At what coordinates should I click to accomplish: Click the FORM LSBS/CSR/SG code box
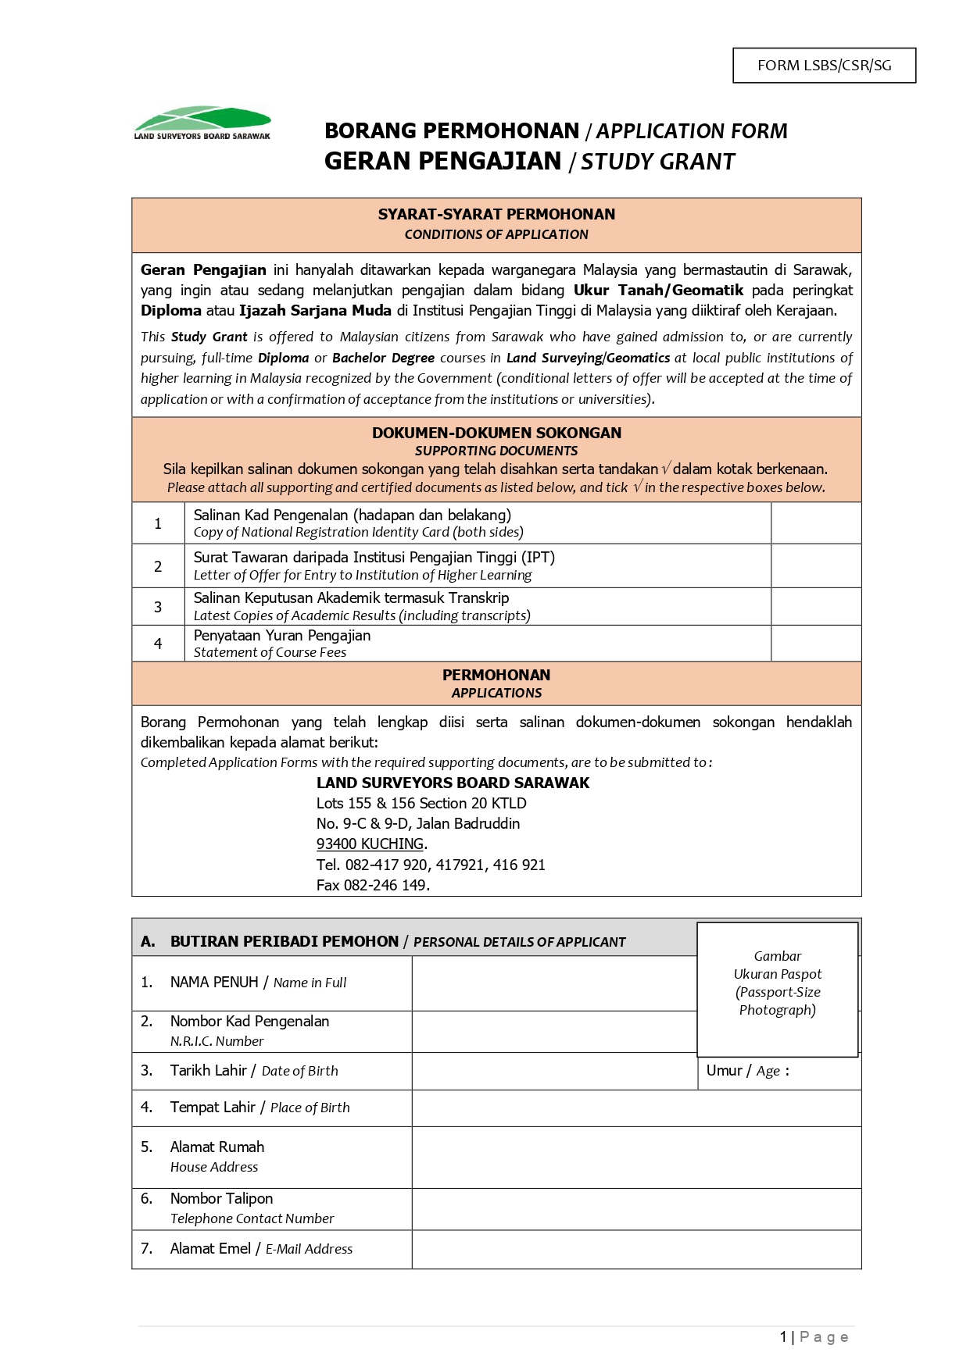coord(824,66)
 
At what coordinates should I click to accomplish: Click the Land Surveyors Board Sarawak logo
coord(202,123)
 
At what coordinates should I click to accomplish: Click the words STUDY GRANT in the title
coord(657,162)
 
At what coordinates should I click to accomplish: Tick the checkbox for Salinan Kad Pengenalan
coord(815,523)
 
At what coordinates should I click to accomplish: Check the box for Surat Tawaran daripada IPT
coord(815,565)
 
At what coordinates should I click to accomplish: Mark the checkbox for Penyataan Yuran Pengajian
coord(815,644)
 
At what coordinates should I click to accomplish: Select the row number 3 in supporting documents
coord(158,607)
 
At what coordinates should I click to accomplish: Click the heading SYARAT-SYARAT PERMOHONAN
coord(496,214)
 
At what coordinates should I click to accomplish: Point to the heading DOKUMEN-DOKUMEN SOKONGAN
coord(496,433)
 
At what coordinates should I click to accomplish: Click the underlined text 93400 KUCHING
coord(370,844)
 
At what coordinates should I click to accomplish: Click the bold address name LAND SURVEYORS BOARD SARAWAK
coord(453,783)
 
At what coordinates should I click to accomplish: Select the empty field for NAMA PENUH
coord(554,983)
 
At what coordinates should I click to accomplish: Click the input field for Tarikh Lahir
coord(554,1071)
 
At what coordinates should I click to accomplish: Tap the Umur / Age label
coord(746,1071)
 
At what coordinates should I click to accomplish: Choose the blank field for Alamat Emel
coord(636,1249)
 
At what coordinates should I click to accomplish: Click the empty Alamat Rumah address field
coord(636,1157)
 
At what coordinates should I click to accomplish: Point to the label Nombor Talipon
coord(221,1199)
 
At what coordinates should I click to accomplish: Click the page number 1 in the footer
coord(783,1337)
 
